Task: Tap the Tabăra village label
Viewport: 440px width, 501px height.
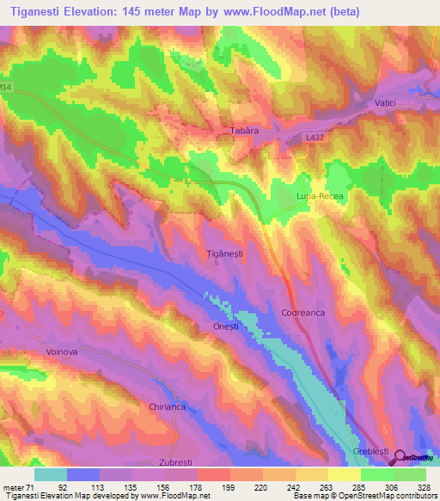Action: (244, 132)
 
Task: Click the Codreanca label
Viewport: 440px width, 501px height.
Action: (303, 313)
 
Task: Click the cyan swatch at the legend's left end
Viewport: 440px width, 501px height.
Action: (50, 473)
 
